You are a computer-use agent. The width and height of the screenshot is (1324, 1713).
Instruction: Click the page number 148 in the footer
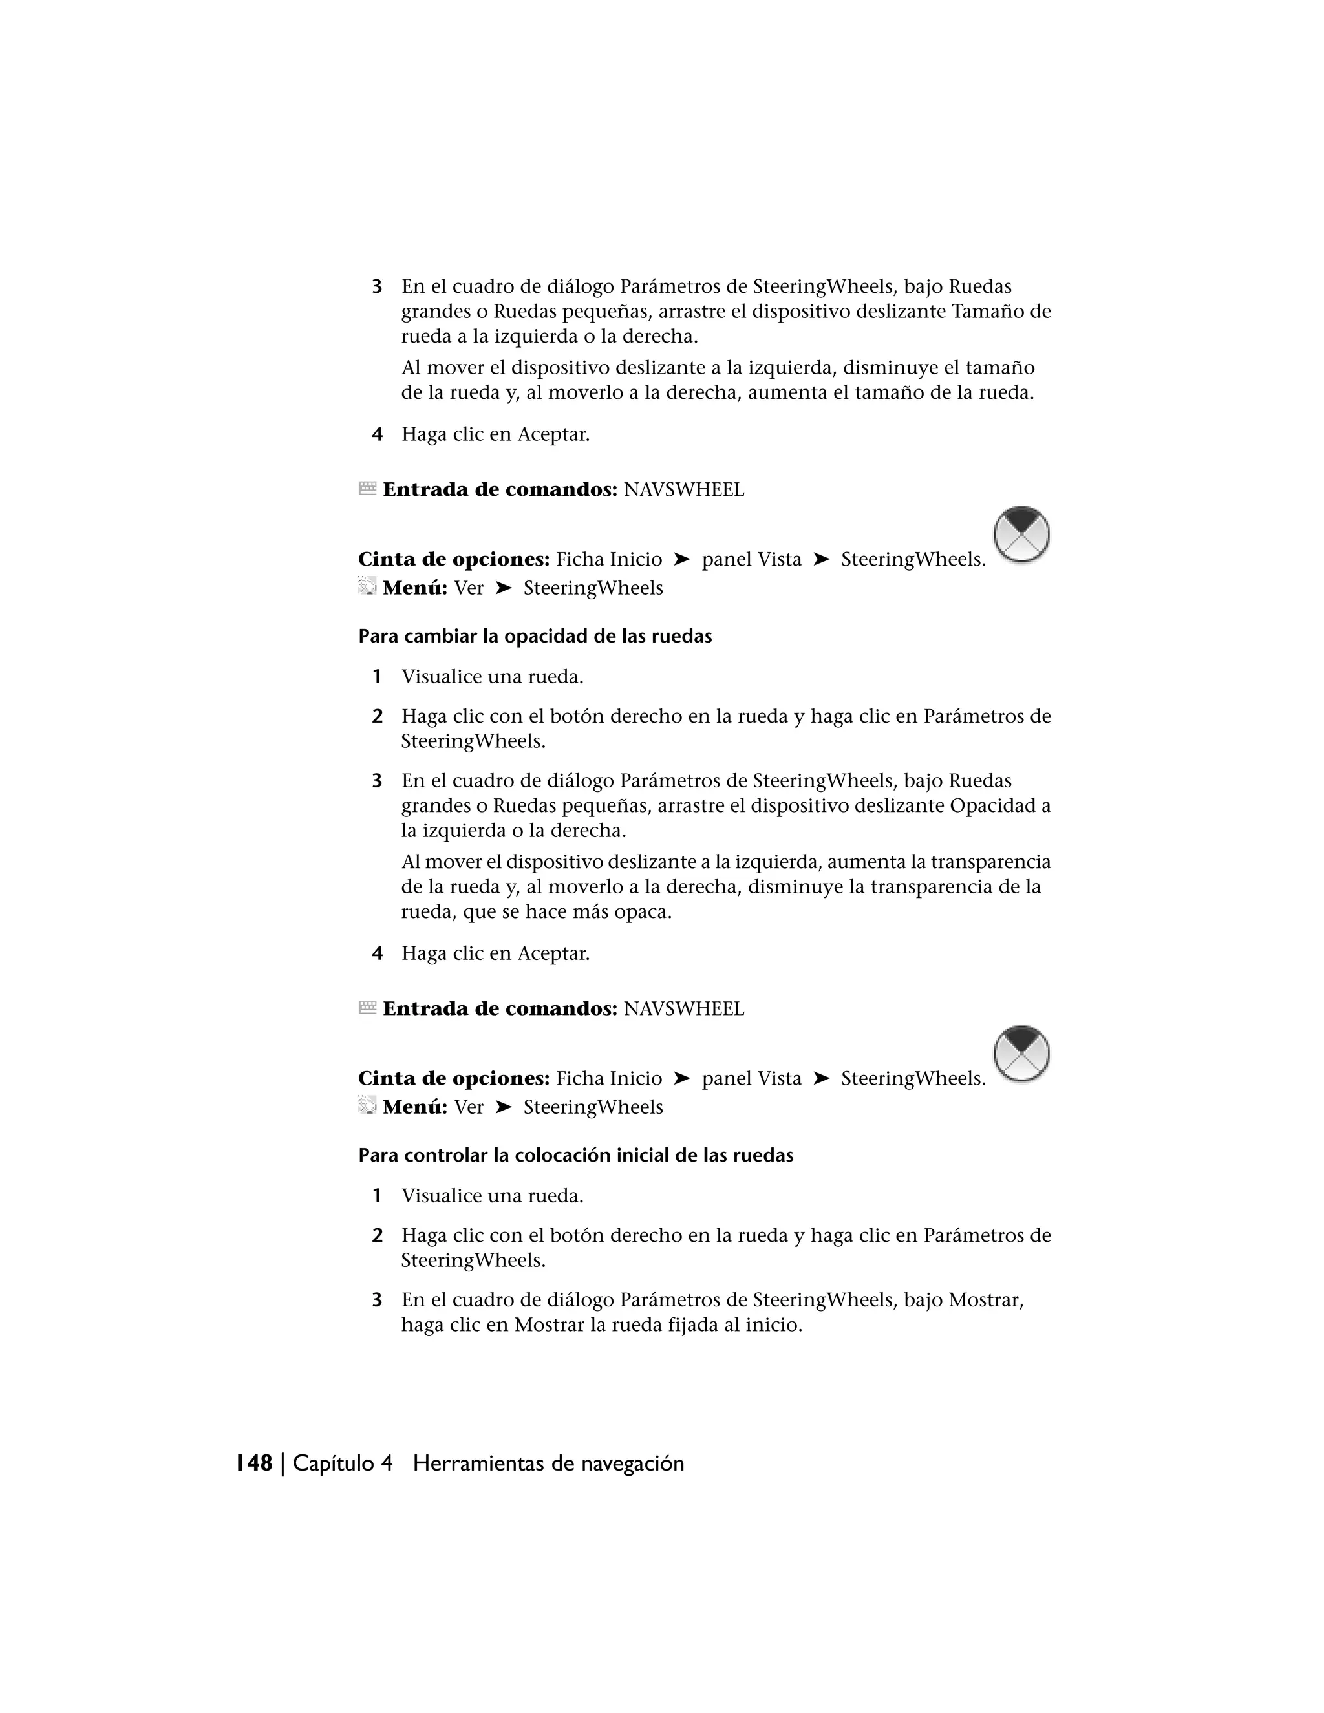coord(254,1463)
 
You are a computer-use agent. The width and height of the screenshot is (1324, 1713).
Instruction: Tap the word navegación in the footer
coord(632,1463)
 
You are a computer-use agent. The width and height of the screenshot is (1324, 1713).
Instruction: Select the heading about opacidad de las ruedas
coord(535,636)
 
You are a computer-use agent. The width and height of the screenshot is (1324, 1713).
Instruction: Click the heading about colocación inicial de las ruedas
coord(576,1155)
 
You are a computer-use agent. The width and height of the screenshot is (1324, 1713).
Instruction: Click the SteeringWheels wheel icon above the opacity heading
coord(1021,534)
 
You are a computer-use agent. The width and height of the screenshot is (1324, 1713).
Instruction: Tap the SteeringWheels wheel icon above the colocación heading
coord(1021,1054)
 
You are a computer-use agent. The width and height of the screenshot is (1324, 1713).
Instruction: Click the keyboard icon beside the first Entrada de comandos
coord(367,489)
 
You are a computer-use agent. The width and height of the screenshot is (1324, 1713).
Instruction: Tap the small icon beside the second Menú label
coord(367,1105)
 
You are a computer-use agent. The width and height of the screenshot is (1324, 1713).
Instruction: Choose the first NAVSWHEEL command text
coord(683,490)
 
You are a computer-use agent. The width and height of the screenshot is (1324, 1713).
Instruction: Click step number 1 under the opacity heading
coord(378,676)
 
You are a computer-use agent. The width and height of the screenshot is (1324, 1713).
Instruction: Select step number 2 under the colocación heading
coord(378,1235)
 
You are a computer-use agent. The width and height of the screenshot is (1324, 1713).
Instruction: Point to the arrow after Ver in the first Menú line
coord(504,588)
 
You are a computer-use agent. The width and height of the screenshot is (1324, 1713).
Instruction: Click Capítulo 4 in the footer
coord(342,1463)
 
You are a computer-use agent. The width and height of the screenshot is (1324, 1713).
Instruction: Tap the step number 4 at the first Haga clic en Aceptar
coord(378,434)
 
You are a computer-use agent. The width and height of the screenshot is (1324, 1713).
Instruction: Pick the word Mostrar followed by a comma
coord(985,1300)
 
